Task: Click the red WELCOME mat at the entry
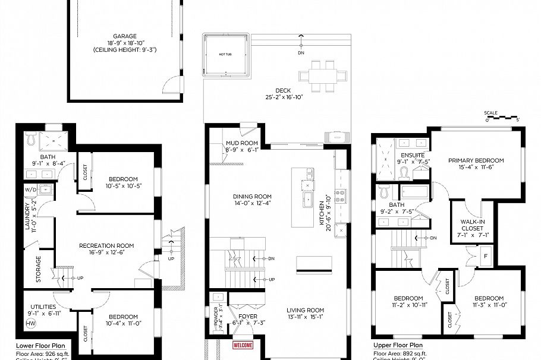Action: click(243, 345)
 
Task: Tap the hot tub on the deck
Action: click(225, 55)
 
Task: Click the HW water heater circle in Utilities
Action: click(30, 324)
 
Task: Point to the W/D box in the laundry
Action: click(30, 190)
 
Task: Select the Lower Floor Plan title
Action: click(37, 345)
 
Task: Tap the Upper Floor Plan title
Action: click(398, 345)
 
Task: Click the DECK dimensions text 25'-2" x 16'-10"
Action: click(284, 97)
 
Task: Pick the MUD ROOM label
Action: click(241, 143)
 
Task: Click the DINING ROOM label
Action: click(252, 197)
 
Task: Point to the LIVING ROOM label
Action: click(305, 310)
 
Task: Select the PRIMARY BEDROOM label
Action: click(476, 160)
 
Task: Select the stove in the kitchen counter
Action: click(341, 196)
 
